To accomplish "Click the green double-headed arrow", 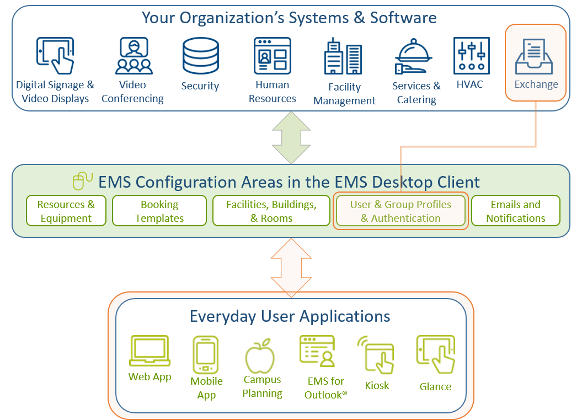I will pyautogui.click(x=291, y=137).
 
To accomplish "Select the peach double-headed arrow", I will pyautogui.click(x=291, y=268).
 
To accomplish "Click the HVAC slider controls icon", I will pyautogui.click(x=471, y=56).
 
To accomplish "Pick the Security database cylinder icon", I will pyautogui.click(x=201, y=56).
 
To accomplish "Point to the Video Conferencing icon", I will pyautogui.click(x=134, y=56).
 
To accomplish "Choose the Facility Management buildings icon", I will pyautogui.click(x=343, y=56).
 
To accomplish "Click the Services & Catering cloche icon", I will pyautogui.click(x=414, y=57).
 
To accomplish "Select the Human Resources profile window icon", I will pyautogui.click(x=273, y=56).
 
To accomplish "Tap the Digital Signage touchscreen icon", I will pyautogui.click(x=55, y=56).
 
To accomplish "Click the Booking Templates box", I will pyautogui.click(x=159, y=211).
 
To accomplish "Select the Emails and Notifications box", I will pyautogui.click(x=516, y=211).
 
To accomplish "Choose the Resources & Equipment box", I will pyautogui.click(x=66, y=211).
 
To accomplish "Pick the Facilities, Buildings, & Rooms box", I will pyautogui.click(x=271, y=211).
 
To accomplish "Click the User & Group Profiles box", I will pyautogui.click(x=401, y=211).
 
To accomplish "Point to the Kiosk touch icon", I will pyautogui.click(x=377, y=355).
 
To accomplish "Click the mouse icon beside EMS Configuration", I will pyautogui.click(x=82, y=181).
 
